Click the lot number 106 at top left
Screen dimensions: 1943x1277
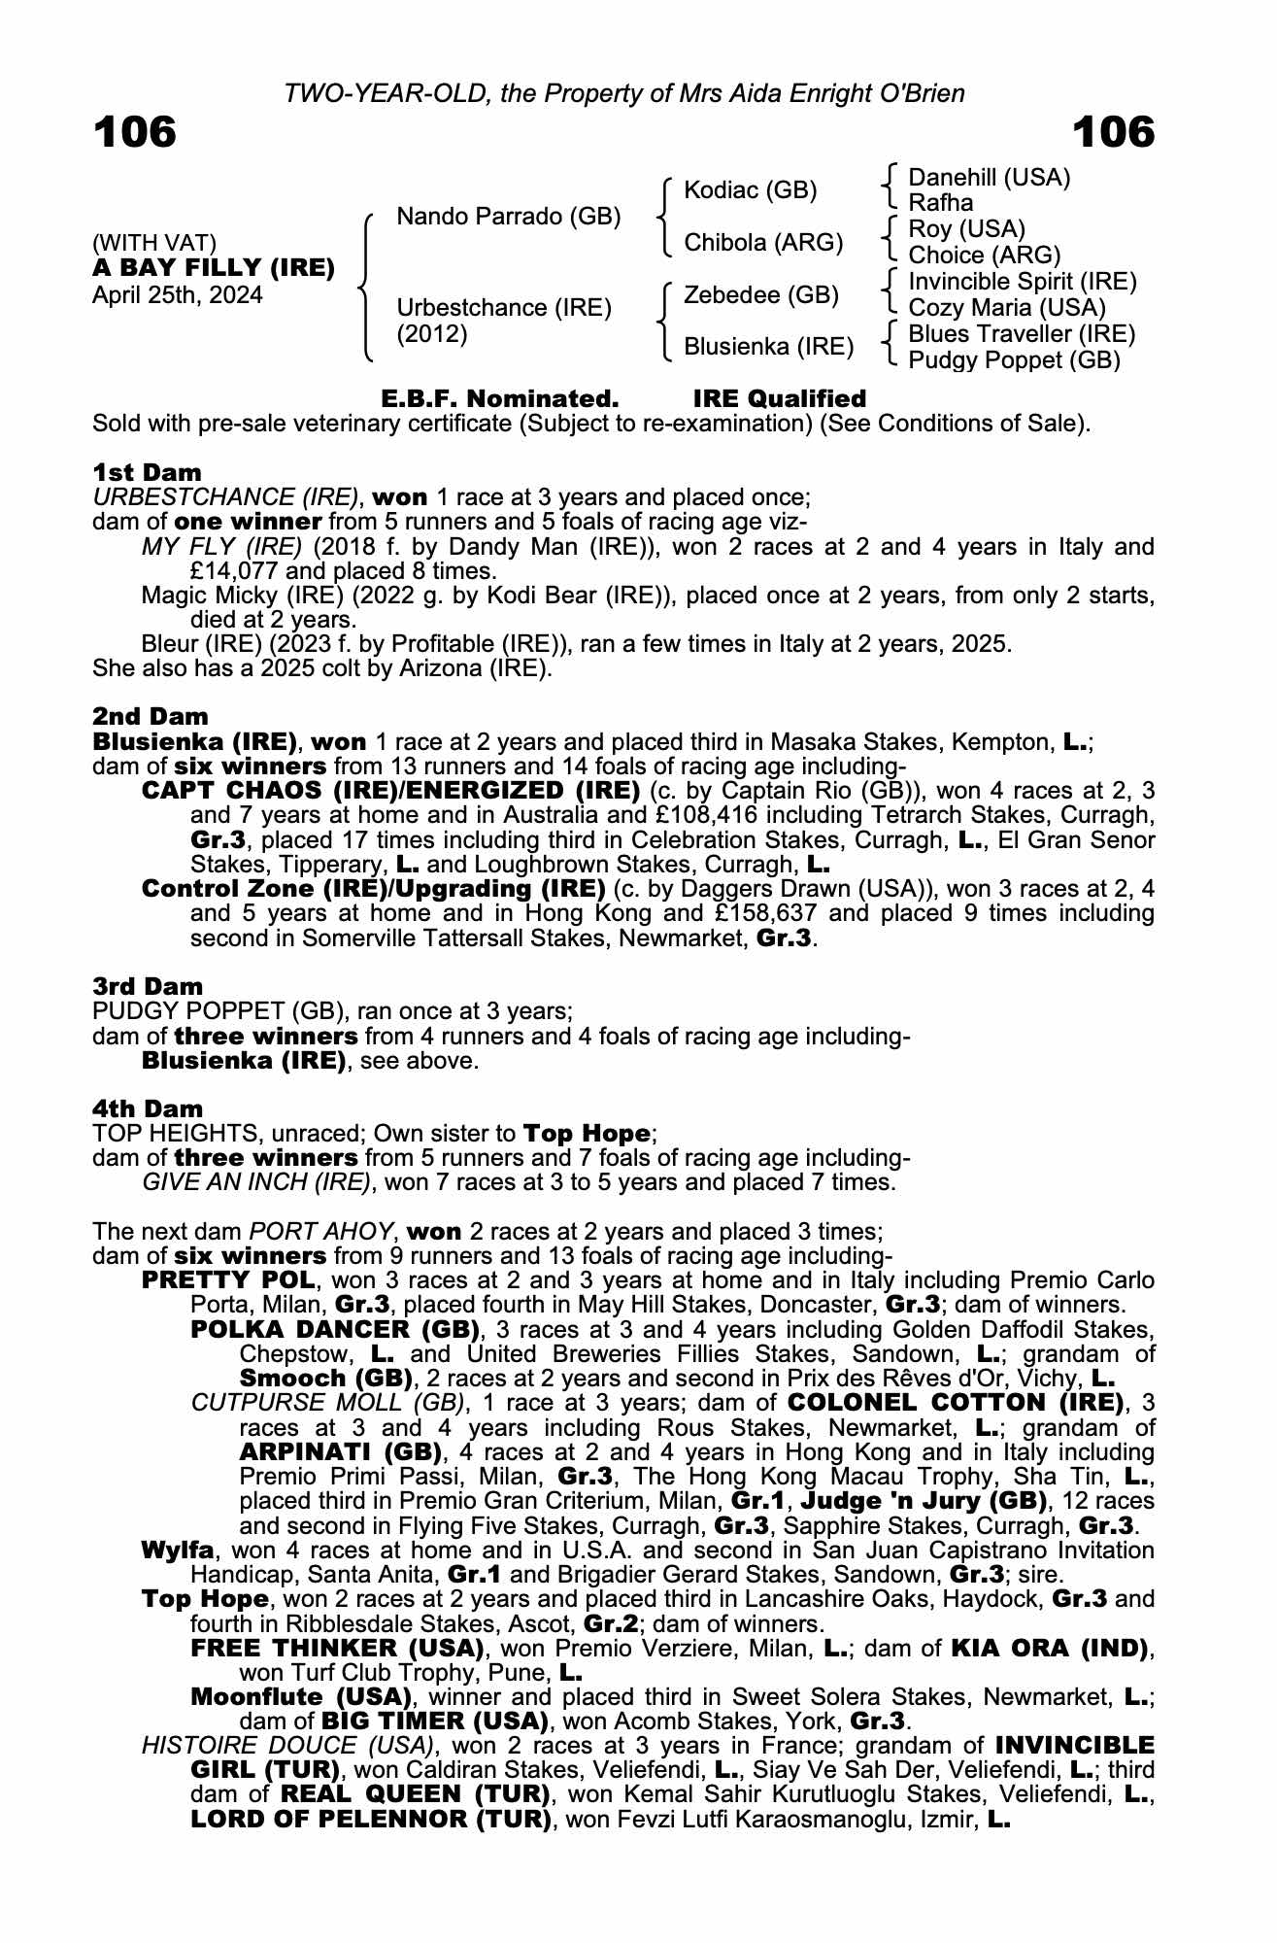point(135,133)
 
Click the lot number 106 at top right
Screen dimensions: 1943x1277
point(1113,133)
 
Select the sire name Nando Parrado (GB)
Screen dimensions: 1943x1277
point(508,216)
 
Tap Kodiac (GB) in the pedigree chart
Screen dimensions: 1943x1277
point(750,189)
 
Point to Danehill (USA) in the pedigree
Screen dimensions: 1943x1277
point(989,178)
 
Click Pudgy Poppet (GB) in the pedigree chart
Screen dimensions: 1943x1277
point(1014,360)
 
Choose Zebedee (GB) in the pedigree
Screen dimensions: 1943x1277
point(760,294)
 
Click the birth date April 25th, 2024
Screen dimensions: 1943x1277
point(177,295)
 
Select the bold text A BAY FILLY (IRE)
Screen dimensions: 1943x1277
point(214,268)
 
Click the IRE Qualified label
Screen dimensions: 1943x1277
point(779,399)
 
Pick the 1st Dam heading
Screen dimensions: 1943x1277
point(148,473)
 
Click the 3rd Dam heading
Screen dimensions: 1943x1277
point(148,987)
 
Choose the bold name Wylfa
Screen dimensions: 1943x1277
point(178,1551)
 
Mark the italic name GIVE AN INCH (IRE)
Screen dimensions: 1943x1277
point(256,1182)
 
